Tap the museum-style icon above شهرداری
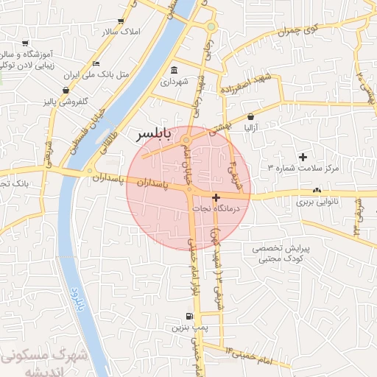coord(174,71)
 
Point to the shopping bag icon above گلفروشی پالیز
coord(67,90)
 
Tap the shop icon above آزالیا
coord(250,116)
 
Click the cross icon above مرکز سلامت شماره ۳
coord(303,156)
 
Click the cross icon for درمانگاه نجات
coord(215,197)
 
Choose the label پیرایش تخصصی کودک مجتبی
coord(282,254)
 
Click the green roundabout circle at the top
coord(211,27)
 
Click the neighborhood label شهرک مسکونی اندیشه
coord(44,362)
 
